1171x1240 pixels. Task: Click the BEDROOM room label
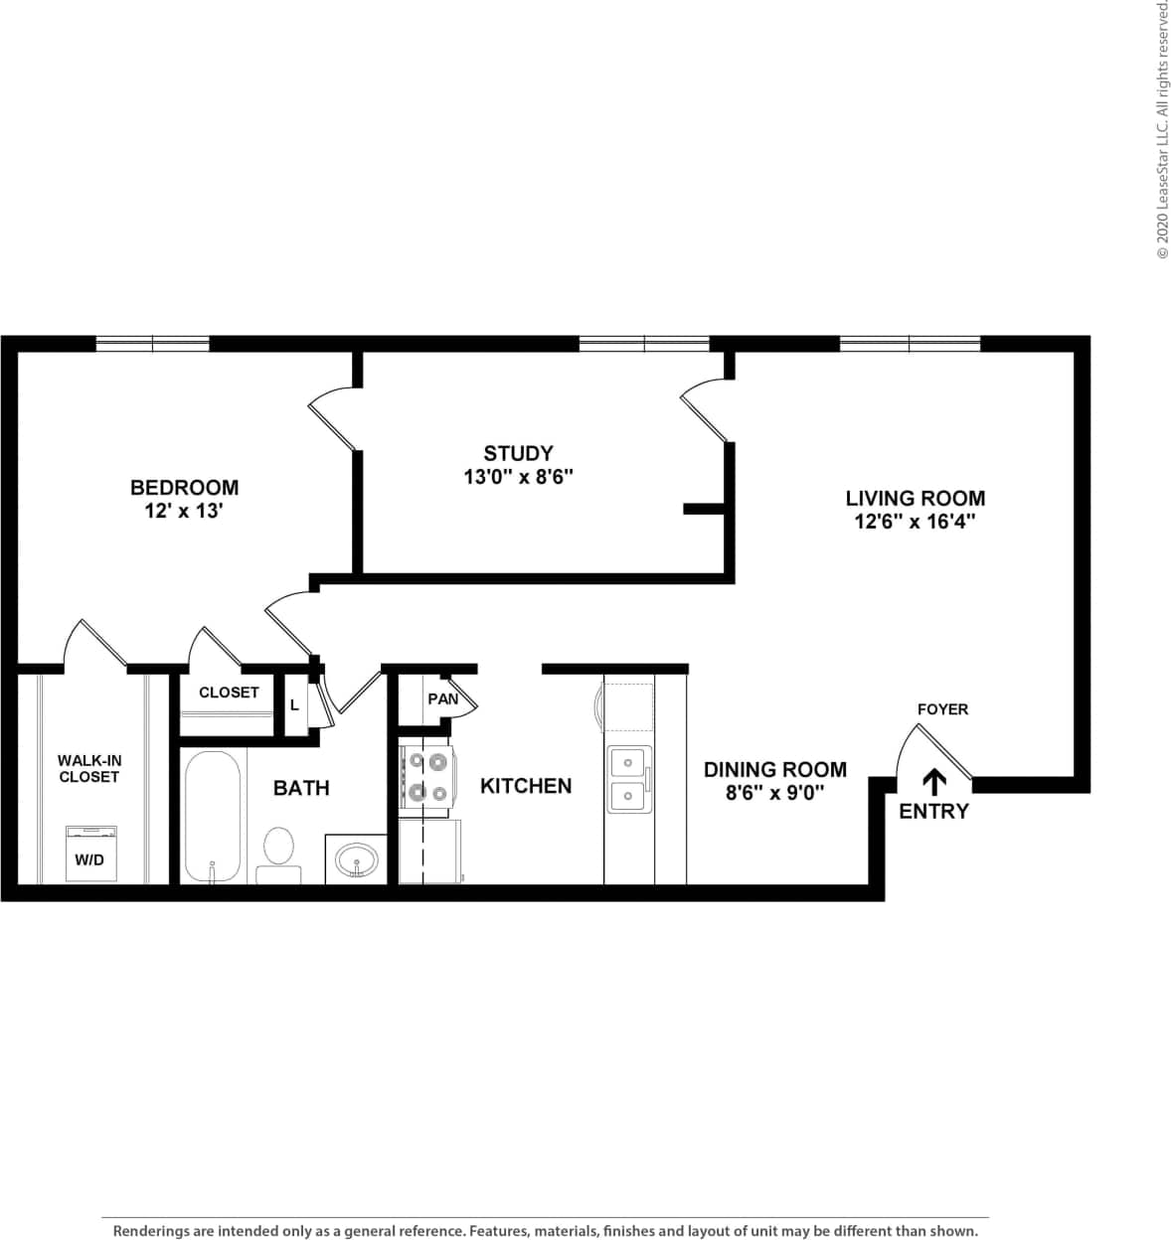[x=184, y=487]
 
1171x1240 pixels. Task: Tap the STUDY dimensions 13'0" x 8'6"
[x=518, y=477]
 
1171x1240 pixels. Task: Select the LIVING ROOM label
[x=915, y=498]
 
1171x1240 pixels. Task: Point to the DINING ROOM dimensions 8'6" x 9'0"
[x=774, y=794]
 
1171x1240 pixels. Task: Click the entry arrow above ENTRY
[x=934, y=781]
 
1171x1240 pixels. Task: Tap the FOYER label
[x=941, y=709]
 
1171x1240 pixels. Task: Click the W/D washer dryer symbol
[x=89, y=852]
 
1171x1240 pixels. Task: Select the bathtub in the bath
[x=213, y=817]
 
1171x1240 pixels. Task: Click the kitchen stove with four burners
[x=426, y=778]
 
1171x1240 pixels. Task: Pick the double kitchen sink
[x=628, y=778]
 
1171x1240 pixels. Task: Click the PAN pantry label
[x=442, y=698]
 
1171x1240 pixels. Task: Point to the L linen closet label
[x=294, y=705]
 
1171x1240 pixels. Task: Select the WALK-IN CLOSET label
[x=89, y=768]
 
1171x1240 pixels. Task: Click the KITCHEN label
[x=526, y=786]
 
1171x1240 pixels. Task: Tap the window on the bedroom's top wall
[x=152, y=344]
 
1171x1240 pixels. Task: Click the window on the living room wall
[x=910, y=344]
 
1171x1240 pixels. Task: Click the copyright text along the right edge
[x=1161, y=129]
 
